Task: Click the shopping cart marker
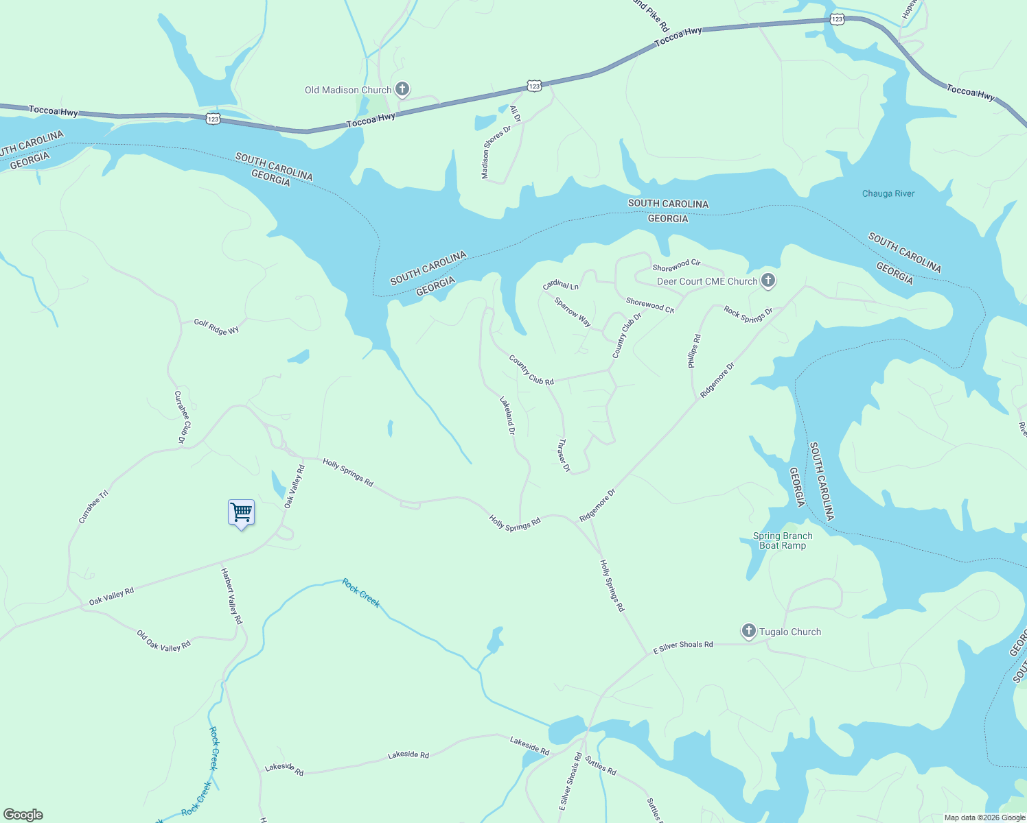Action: (241, 512)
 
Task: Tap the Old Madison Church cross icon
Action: (402, 89)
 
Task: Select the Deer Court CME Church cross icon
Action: (768, 281)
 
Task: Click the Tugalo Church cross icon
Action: (748, 631)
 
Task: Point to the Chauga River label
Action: (888, 193)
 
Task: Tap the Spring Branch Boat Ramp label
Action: (783, 540)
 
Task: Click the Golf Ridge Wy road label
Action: (216, 327)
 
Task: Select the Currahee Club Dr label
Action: (182, 417)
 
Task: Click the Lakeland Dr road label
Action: (507, 416)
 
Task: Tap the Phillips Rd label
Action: (695, 351)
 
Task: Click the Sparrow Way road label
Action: (573, 312)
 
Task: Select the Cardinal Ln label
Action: (561, 285)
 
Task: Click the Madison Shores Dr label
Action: (496, 152)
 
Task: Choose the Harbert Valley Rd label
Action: (231, 595)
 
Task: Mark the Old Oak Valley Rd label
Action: (163, 641)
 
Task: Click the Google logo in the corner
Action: (23, 815)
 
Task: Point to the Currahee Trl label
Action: (93, 507)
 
